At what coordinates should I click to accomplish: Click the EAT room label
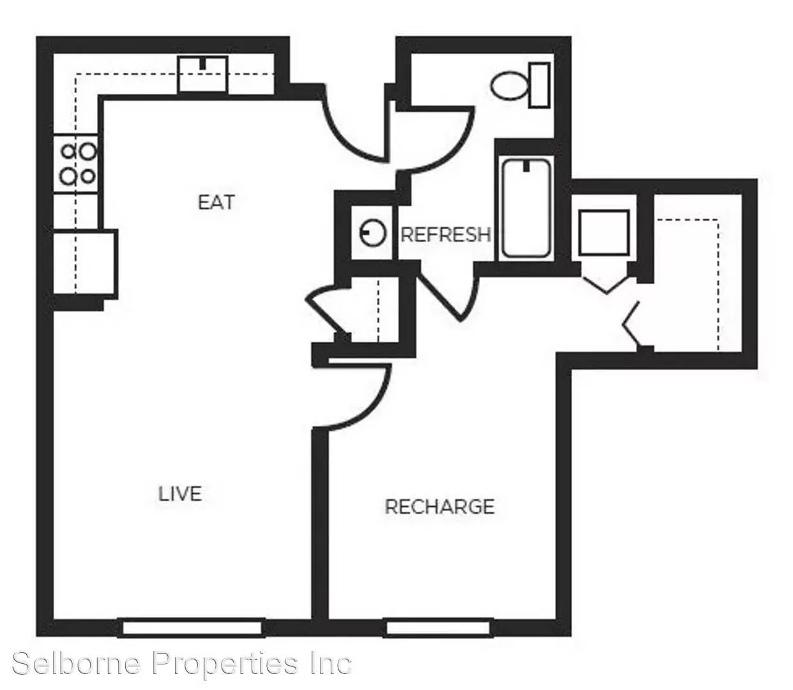216,202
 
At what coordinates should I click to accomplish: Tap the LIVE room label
180,493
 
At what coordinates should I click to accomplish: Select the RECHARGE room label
439,507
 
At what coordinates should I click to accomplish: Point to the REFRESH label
446,234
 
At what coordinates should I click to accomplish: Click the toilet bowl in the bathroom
509,86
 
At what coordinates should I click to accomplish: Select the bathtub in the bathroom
526,208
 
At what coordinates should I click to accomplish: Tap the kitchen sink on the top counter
202,75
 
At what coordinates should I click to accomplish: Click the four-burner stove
75,163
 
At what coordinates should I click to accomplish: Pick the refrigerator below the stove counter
84,262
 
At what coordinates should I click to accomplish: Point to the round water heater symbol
372,233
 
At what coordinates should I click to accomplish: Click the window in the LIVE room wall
192,628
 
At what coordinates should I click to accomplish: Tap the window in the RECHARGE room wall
439,628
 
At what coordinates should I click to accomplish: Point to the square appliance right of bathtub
603,233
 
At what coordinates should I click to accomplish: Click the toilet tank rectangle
540,85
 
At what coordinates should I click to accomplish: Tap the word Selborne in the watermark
77,663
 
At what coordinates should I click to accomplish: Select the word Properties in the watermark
225,664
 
